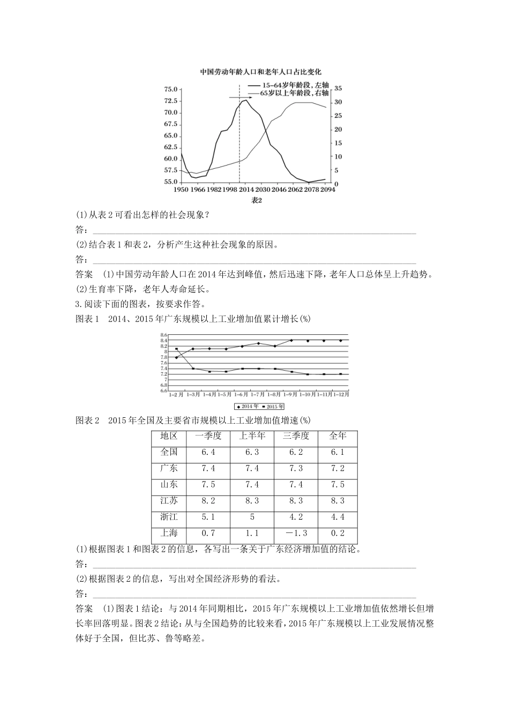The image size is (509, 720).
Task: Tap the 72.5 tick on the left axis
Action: (171, 101)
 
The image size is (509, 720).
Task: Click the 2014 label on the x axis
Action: (246, 190)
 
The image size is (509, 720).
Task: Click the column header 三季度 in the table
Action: (295, 436)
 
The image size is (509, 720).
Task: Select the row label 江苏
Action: (169, 500)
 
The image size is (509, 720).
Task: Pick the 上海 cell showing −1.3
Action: (295, 533)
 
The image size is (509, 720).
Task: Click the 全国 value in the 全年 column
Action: (337, 452)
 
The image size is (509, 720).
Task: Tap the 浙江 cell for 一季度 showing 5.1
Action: (208, 517)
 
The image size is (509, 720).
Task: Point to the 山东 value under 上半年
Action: (252, 484)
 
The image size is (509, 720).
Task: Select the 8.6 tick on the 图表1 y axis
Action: (163, 335)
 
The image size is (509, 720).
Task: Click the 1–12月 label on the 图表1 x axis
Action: (341, 395)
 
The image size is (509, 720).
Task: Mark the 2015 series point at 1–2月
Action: (176, 349)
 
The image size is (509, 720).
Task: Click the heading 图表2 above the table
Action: (87, 420)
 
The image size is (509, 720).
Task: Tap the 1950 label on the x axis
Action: (181, 190)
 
